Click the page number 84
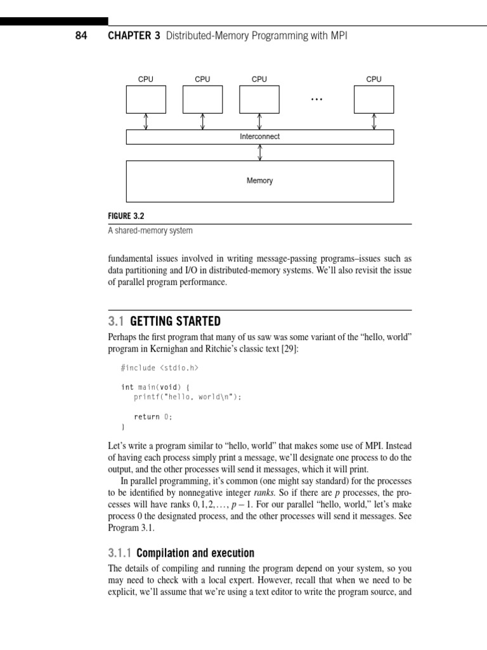coord(82,36)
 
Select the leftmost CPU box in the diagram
coord(146,99)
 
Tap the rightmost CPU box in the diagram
coord(374,99)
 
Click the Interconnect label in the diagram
coord(260,136)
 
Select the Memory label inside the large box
coord(260,181)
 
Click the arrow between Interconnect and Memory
coord(260,152)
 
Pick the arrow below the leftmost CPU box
coord(146,121)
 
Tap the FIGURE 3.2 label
coord(127,216)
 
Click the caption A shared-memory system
coord(150,231)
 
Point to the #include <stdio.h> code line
coord(163,368)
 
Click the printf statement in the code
coord(188,397)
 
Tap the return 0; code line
coord(153,416)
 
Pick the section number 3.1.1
coord(119,552)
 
